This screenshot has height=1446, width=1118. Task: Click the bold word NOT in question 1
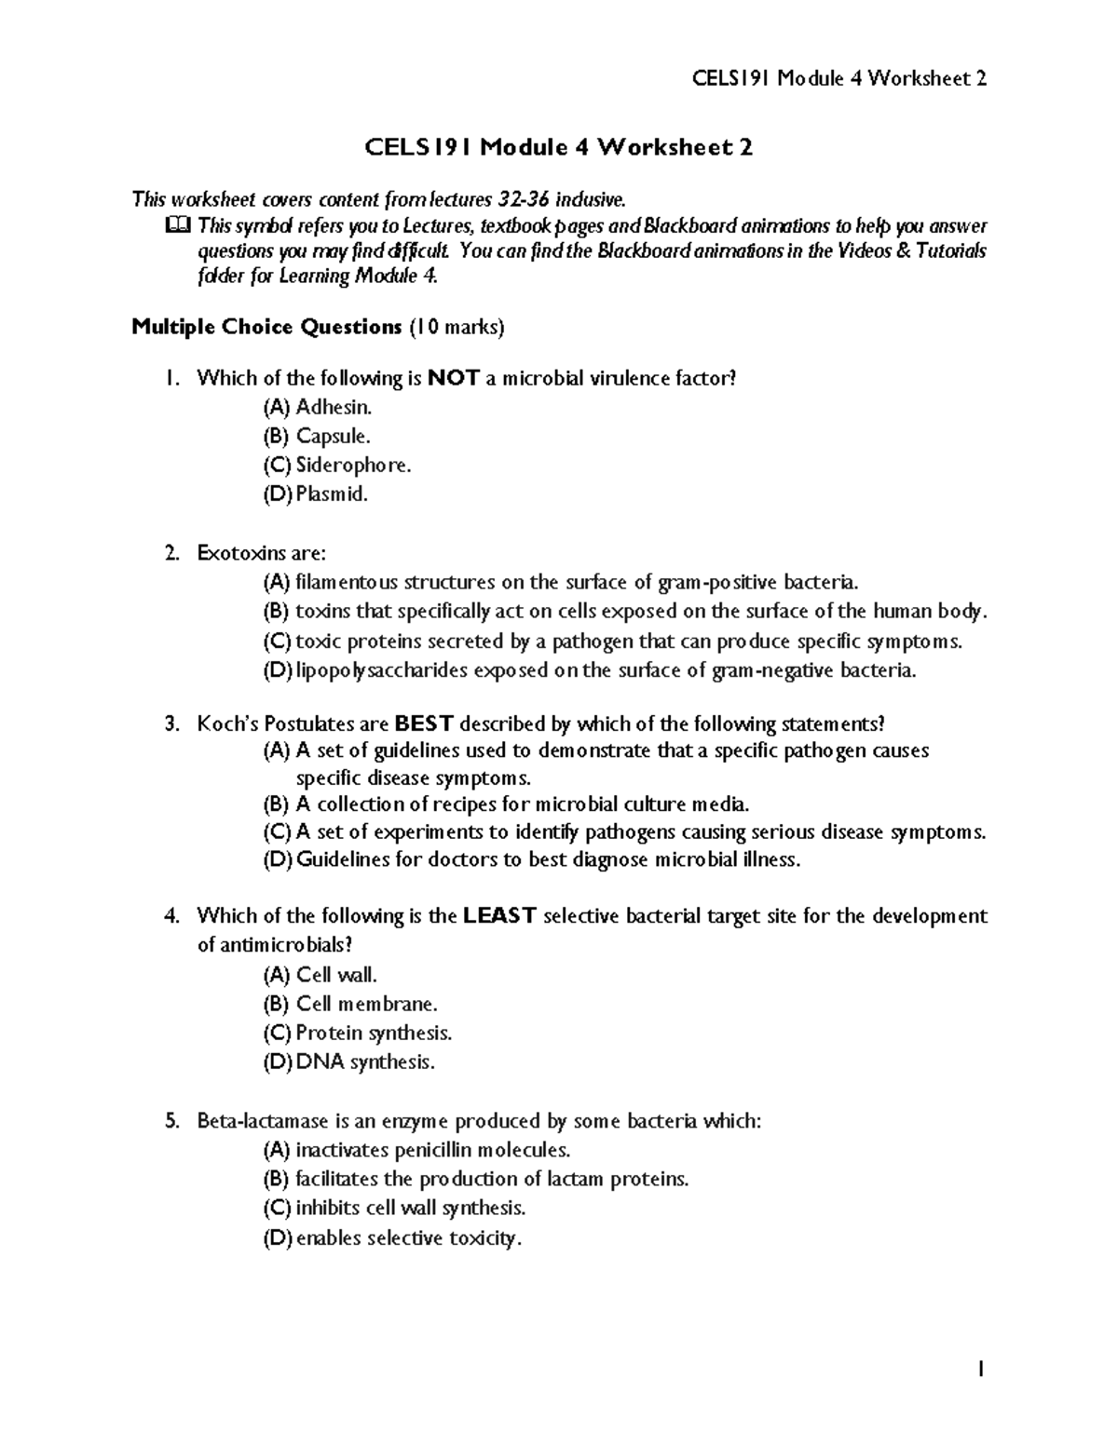(454, 378)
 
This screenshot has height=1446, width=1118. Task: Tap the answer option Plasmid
(316, 493)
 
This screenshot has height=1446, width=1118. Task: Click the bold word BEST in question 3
(424, 723)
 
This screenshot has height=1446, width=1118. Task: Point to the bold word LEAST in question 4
(499, 915)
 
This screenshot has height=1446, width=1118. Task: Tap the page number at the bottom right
(980, 1369)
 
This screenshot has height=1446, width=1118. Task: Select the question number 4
(170, 915)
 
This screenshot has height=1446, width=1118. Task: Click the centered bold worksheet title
(558, 147)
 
